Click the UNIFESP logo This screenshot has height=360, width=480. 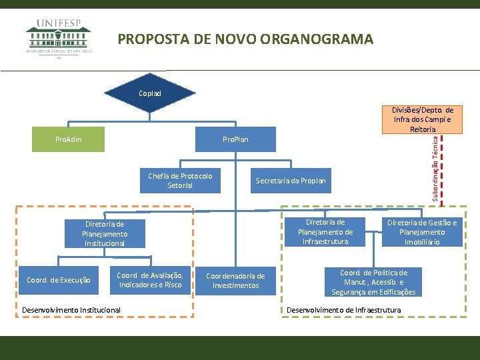click(59, 38)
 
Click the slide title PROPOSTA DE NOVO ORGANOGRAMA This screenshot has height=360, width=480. click(245, 39)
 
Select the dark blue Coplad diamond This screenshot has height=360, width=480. click(150, 93)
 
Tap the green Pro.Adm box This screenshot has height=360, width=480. click(69, 139)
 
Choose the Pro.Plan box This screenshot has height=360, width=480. click(235, 139)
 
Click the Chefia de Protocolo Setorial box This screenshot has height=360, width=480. click(180, 181)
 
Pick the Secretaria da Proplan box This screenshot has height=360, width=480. click(291, 181)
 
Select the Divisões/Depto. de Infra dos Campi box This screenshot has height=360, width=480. click(421, 119)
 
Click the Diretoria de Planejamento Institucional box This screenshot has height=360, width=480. click(105, 234)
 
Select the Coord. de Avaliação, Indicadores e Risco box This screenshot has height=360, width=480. click(150, 281)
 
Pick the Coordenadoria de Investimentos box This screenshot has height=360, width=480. click(235, 281)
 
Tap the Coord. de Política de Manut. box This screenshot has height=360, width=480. click(373, 282)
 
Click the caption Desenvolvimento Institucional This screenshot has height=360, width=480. click(71, 310)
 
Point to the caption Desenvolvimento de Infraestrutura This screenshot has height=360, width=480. click(343, 310)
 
